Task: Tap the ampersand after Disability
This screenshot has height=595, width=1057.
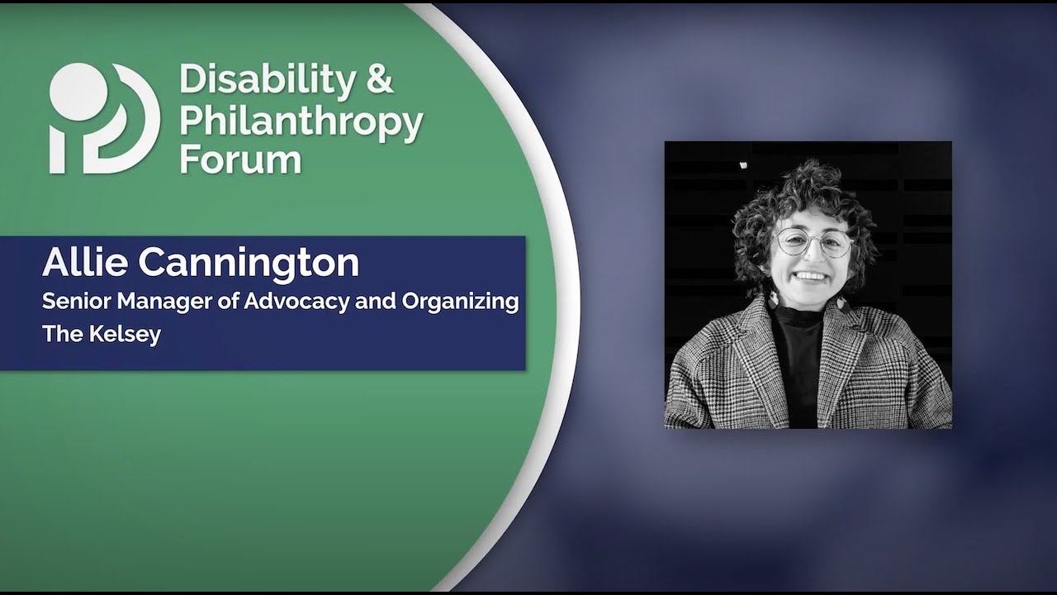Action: click(x=379, y=79)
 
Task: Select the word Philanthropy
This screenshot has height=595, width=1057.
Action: click(x=301, y=121)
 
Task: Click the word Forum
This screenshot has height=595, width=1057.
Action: click(x=240, y=159)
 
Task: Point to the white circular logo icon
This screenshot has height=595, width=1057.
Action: click(x=103, y=117)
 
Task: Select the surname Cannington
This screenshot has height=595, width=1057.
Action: click(x=249, y=263)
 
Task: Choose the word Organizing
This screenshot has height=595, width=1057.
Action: click(x=460, y=302)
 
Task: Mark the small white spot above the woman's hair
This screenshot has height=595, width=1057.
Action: click(x=742, y=165)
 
